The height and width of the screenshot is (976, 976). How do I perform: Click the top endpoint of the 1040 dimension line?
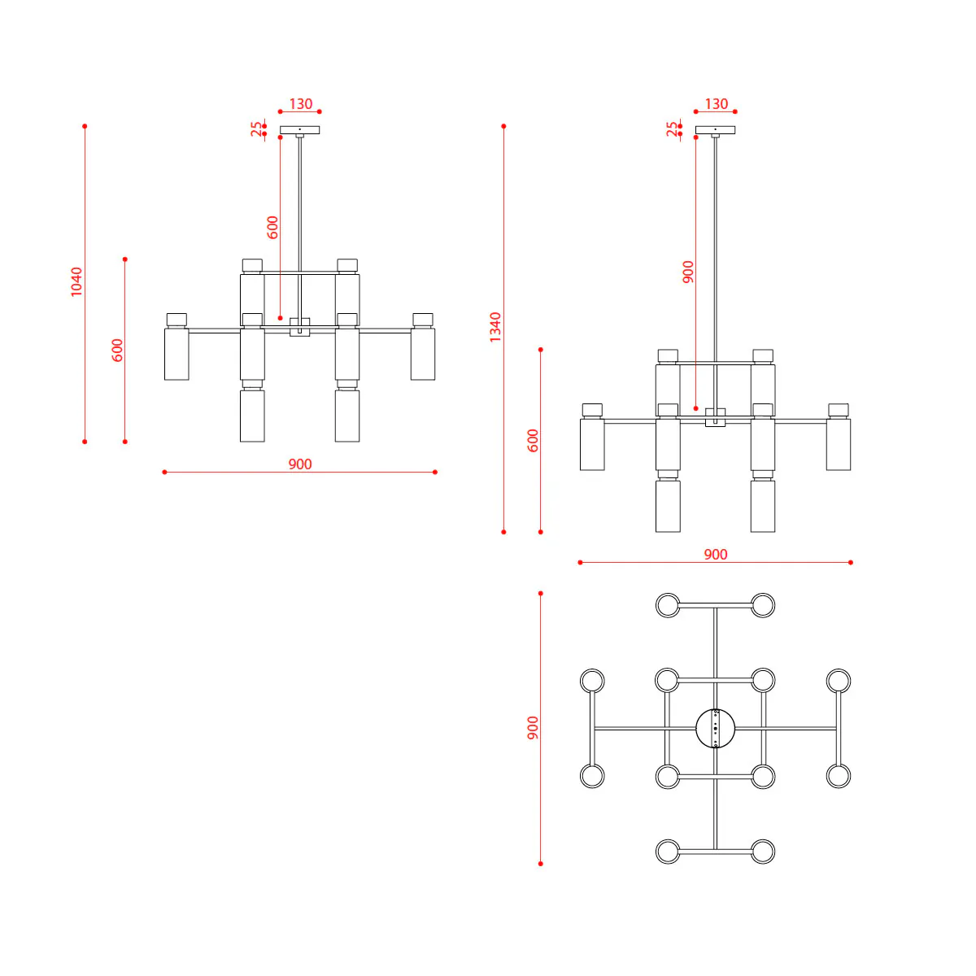(x=85, y=126)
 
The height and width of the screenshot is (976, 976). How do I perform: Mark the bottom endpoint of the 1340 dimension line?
(x=503, y=532)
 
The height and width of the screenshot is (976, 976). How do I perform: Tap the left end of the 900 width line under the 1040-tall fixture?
(x=164, y=472)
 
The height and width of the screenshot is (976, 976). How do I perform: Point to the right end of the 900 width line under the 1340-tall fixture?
(x=851, y=562)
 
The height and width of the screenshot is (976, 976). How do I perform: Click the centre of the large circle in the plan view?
(x=715, y=728)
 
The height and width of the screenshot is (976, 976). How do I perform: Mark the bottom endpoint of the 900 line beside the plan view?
(x=540, y=864)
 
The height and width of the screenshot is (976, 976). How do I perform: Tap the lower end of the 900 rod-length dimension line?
(x=696, y=408)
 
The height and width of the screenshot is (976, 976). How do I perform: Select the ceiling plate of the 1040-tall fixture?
(x=300, y=130)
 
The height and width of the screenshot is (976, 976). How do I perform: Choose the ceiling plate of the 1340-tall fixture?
(x=715, y=130)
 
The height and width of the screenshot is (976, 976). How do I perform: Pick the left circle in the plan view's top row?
(x=668, y=605)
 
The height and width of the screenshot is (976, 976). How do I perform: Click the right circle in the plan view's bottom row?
(x=763, y=852)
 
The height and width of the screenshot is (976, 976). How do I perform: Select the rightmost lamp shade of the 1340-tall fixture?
(x=839, y=444)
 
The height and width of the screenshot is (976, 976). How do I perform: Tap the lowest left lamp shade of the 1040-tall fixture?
(x=252, y=416)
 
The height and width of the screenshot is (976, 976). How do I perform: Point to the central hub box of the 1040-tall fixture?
(x=300, y=327)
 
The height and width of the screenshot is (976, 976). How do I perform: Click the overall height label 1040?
(x=76, y=281)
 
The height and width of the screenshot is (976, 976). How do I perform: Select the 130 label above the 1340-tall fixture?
(x=717, y=104)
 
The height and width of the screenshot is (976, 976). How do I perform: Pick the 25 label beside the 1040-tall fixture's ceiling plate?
(x=257, y=129)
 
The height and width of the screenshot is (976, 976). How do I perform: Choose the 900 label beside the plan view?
(x=533, y=728)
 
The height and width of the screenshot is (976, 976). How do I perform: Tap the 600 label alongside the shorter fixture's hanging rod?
(x=272, y=228)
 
